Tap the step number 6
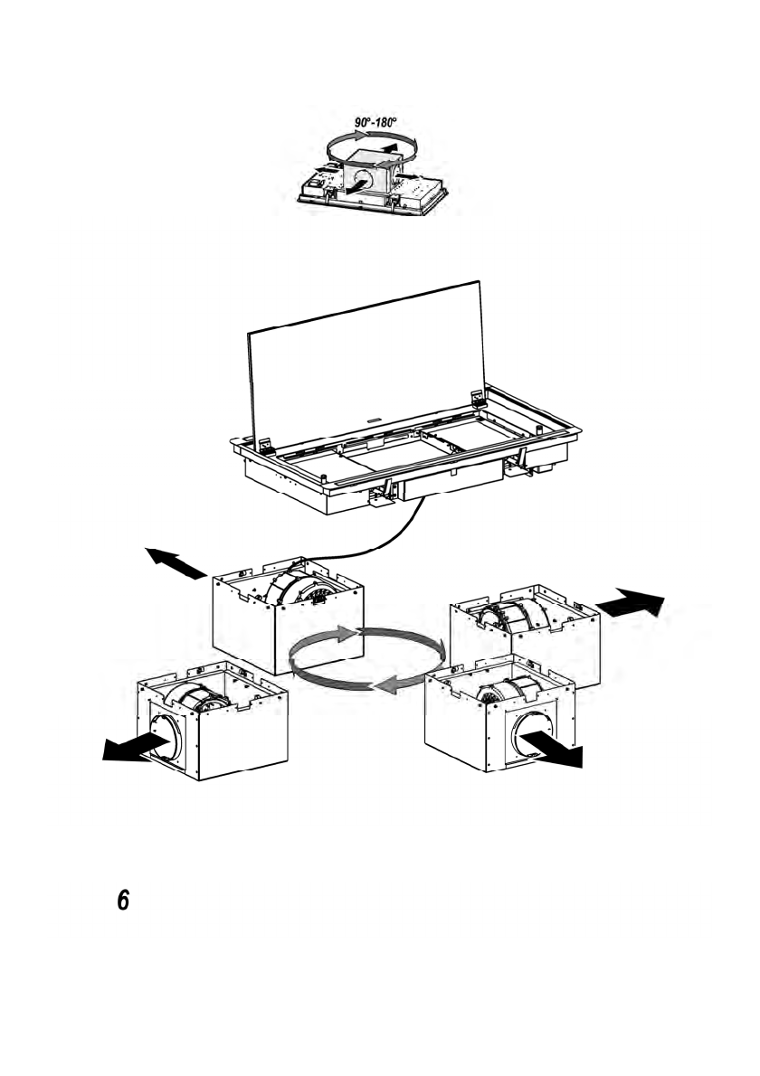pyautogui.click(x=124, y=901)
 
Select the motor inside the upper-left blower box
pyautogui.click(x=299, y=590)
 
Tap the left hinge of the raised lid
pyautogui.click(x=268, y=445)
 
